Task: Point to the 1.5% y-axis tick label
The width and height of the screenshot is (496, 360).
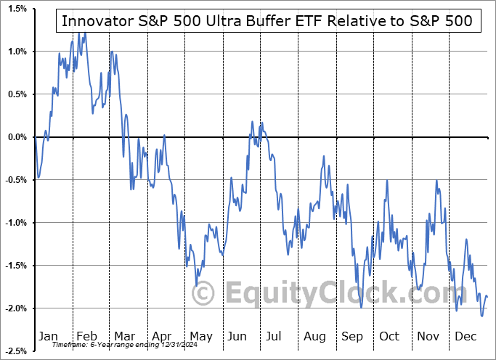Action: (x=17, y=9)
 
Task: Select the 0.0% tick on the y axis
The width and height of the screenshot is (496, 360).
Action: (x=17, y=137)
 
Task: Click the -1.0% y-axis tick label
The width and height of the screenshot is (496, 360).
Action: (x=15, y=223)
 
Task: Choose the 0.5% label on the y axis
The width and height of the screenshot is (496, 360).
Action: (x=17, y=94)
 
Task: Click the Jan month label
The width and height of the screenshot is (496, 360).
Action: (x=48, y=336)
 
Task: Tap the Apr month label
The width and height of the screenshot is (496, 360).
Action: (x=162, y=336)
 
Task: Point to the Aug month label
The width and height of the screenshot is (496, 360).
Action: (x=314, y=336)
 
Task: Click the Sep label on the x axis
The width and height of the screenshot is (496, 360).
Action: (x=352, y=336)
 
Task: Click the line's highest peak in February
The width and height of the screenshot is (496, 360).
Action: (x=84, y=32)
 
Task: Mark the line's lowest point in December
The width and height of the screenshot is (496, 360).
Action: (x=481, y=316)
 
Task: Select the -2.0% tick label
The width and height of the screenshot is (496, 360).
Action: (x=15, y=308)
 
